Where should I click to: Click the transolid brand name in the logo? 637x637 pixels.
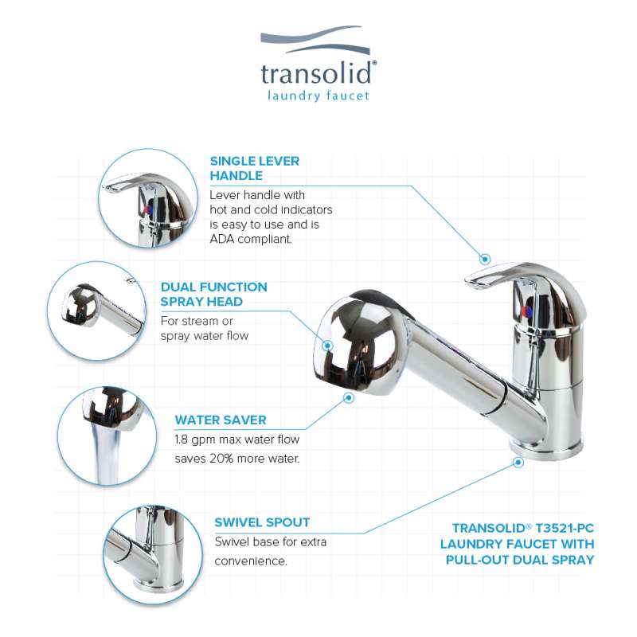316,73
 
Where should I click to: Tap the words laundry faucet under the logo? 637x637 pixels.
318,96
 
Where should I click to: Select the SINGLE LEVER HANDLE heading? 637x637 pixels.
255,168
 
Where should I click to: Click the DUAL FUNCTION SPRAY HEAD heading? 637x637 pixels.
213,294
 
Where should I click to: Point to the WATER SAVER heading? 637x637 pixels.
221,420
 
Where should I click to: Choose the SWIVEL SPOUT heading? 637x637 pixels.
262,522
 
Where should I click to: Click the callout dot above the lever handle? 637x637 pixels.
485,260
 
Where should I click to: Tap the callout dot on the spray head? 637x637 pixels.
328,346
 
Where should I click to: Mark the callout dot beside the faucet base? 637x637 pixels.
518,462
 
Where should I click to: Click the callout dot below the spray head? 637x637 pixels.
349,397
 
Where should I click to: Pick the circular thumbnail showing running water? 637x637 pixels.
107,436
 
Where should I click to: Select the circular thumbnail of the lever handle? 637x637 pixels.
148,197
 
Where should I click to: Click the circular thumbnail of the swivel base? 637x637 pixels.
153,554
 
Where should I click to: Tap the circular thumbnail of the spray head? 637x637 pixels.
96,311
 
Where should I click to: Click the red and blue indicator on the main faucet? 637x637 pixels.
528,311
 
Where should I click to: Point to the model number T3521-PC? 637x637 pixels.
565,528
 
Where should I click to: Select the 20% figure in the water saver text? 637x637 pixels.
222,459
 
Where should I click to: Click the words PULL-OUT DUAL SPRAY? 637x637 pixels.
520,560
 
